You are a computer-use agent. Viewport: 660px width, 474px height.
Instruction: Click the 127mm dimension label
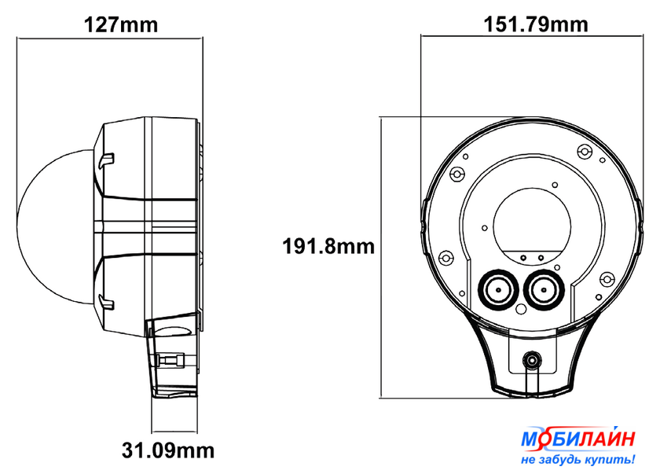(121, 25)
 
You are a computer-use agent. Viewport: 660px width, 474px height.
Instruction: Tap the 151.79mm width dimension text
(535, 24)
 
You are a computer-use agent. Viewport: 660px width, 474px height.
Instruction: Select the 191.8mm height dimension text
(328, 246)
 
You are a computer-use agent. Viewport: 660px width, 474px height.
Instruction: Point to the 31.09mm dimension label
(168, 450)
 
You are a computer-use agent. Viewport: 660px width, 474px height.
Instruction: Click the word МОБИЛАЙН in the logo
(578, 439)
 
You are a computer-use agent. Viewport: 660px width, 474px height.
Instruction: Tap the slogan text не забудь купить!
(578, 459)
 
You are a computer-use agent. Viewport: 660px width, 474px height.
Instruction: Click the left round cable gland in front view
(498, 289)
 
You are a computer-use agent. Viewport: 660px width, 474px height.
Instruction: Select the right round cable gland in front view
(544, 289)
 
